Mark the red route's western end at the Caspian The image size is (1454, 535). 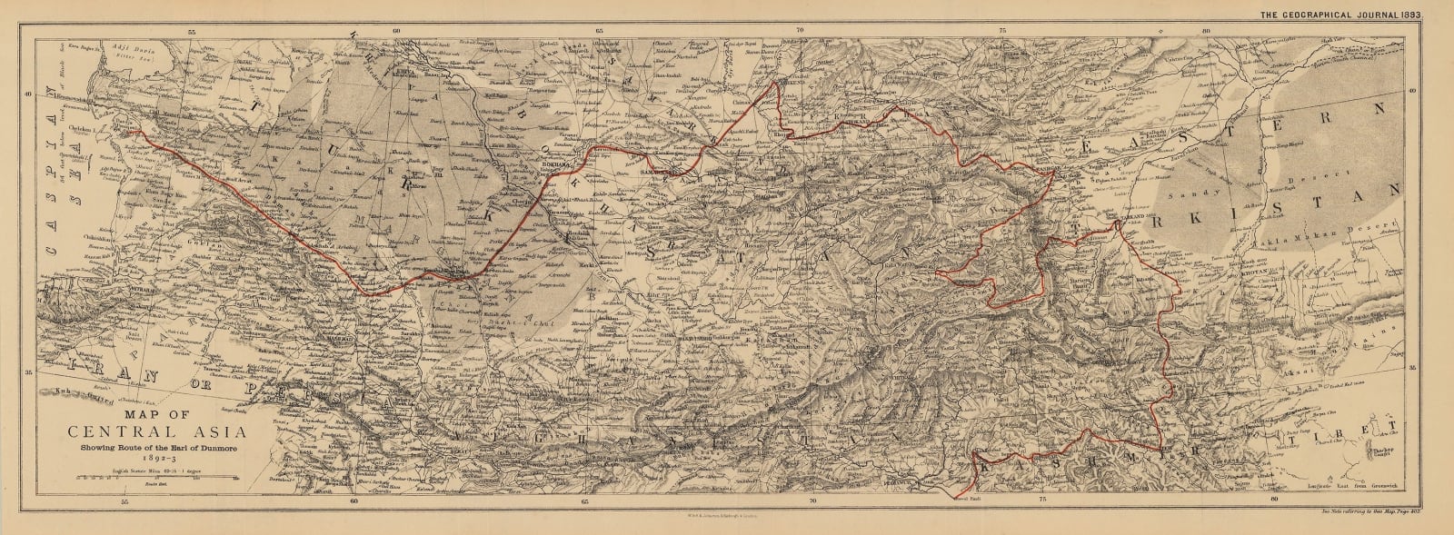(129, 132)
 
